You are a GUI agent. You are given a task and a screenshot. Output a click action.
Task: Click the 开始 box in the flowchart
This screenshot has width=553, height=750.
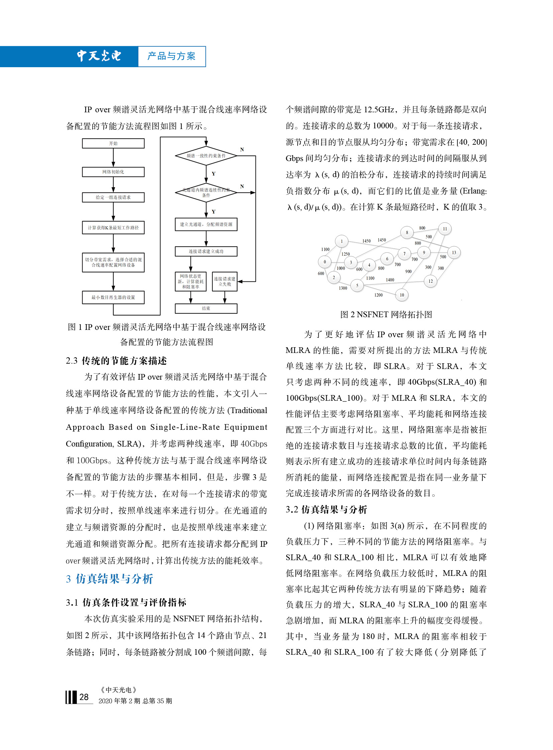pos(113,143)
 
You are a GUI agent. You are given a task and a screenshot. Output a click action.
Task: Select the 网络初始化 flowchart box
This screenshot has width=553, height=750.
pos(113,172)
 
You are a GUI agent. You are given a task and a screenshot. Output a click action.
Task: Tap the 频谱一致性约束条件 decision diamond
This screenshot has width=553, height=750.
pos(206,156)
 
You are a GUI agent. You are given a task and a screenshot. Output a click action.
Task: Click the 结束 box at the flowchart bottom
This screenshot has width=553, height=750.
pos(206,308)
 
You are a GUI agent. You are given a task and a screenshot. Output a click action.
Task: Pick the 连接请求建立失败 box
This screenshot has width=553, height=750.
pos(225,281)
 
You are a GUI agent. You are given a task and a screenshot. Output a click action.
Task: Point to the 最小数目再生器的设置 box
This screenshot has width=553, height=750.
pos(113,297)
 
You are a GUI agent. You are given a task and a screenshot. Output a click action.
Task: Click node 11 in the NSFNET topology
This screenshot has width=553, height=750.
pos(445,229)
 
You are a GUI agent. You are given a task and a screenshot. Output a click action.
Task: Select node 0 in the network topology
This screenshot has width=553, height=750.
pos(324,262)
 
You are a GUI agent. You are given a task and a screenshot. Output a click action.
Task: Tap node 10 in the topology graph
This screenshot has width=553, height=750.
pos(402,295)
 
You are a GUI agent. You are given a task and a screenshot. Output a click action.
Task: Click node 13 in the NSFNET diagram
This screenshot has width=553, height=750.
pos(454,252)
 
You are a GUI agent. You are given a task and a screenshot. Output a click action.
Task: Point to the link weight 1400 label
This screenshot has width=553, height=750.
pos(390,280)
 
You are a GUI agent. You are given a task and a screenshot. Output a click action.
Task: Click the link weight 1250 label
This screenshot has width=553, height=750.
pos(345,254)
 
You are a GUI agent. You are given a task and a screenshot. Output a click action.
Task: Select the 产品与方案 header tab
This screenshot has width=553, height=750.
pos(172,56)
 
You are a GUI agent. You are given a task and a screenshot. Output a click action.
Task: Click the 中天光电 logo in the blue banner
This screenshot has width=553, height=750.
pos(99,56)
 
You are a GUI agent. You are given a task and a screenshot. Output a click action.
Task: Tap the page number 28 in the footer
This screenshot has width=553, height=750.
pos(84,697)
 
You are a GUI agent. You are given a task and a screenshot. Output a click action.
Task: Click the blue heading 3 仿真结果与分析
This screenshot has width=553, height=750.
pos(109,579)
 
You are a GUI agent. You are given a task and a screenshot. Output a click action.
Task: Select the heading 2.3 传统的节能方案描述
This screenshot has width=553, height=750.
pos(116,361)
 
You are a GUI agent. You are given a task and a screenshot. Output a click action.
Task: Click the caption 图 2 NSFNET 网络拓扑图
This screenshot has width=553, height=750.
pos(386,314)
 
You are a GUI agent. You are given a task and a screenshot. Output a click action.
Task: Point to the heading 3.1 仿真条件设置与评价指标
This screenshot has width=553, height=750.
pos(126,602)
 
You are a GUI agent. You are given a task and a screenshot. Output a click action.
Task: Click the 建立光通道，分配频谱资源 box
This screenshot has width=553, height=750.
pos(206,224)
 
